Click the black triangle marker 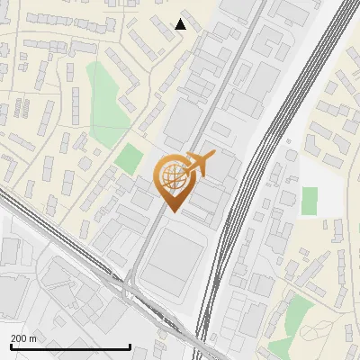pos(181,24)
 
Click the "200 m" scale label pos(23,338)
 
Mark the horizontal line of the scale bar pos(70,347)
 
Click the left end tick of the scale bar pos(11,346)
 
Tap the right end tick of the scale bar pos(130,346)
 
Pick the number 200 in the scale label pos(19,338)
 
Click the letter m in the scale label pos(33,338)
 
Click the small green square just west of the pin pos(129,160)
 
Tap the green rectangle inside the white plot pos(309,200)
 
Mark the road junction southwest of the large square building pos(130,284)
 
